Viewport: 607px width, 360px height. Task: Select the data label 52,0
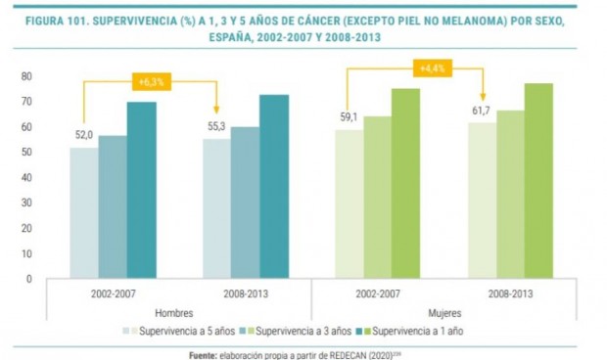[x=83, y=136]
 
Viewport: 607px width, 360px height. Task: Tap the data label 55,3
[x=217, y=128]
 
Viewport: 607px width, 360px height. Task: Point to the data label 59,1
[x=350, y=118]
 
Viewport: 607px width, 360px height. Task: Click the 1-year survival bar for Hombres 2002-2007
[x=141, y=191]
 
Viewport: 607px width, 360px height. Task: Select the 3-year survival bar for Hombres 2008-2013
[x=245, y=202]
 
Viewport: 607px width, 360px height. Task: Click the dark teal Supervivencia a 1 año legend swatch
[x=366, y=332]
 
